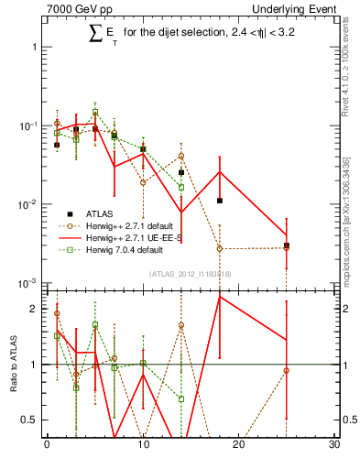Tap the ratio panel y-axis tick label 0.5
[x=29, y=420]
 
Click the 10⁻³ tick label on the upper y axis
[x=27, y=283]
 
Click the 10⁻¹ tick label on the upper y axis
[x=27, y=125]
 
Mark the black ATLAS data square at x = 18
[x=220, y=201]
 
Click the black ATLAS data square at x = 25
[x=287, y=245]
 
